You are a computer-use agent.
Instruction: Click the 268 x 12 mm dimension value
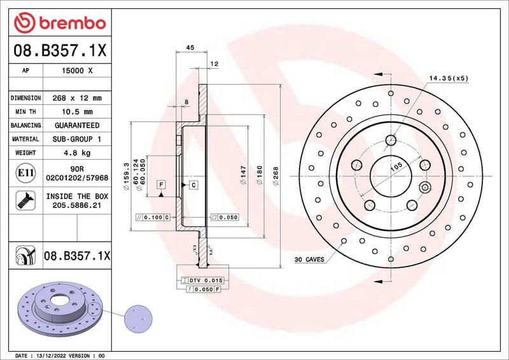(x=77, y=98)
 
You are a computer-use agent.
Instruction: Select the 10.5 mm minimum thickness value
(x=77, y=112)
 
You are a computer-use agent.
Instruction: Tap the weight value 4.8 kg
(x=77, y=153)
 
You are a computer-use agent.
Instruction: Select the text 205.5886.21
(x=77, y=206)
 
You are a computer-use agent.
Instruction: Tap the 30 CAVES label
(x=310, y=260)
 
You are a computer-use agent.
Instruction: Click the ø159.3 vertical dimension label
(x=125, y=176)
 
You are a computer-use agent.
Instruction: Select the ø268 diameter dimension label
(x=275, y=176)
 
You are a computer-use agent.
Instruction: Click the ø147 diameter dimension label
(x=242, y=176)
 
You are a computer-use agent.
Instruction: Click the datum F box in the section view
(x=161, y=184)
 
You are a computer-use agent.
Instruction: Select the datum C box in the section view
(x=192, y=184)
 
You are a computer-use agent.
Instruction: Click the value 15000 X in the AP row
(x=77, y=71)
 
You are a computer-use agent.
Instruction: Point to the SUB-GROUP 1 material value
(x=77, y=139)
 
